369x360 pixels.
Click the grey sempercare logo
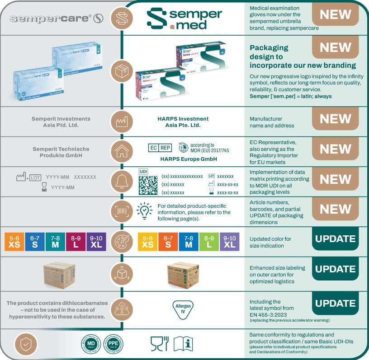pyautogui.click(x=57, y=19)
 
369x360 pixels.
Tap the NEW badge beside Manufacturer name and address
pyautogui.click(x=336, y=119)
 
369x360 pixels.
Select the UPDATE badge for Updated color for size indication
pyautogui.click(x=336, y=239)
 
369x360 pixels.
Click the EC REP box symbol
pyautogui.click(x=160, y=148)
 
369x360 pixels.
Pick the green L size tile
pyautogui.click(x=209, y=242)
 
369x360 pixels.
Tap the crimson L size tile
pyautogui.click(x=76, y=242)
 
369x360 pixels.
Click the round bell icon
pyautogui.click(x=122, y=182)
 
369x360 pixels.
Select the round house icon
pyautogui.click(x=122, y=151)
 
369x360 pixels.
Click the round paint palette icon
pyautogui.click(x=122, y=241)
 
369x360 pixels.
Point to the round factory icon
pyautogui.click(x=122, y=122)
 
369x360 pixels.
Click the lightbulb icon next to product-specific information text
pyautogui.click(x=144, y=210)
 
